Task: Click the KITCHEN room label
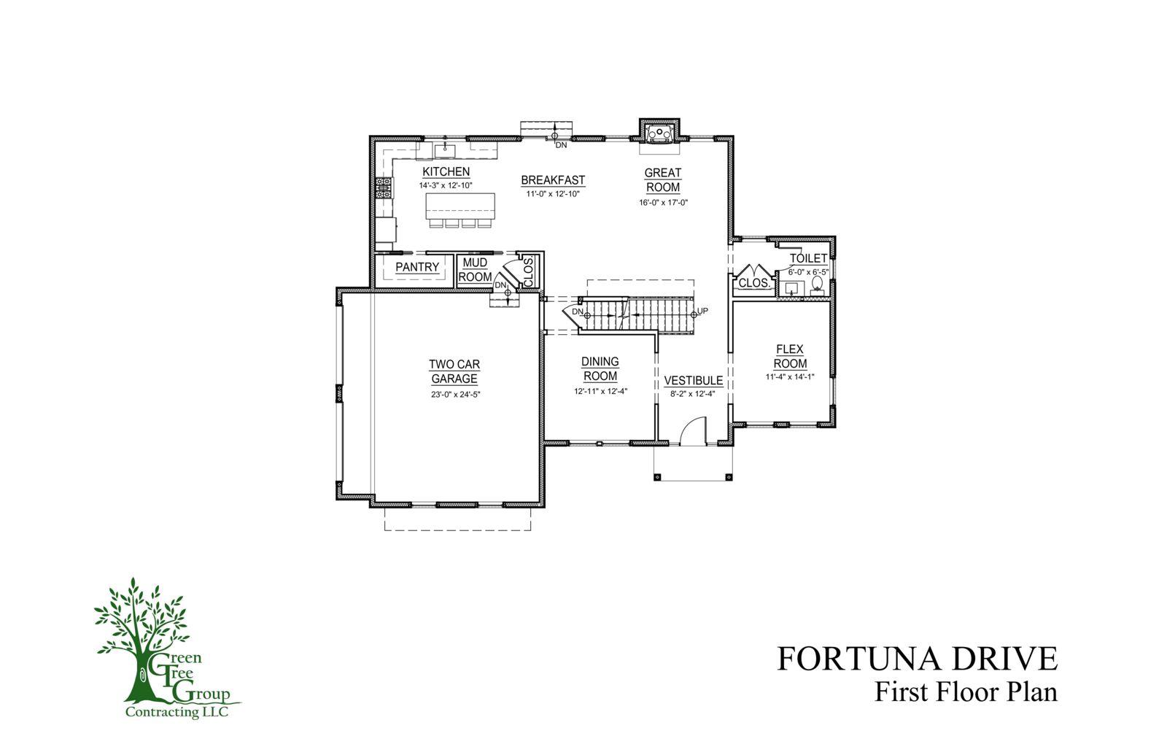pyautogui.click(x=446, y=171)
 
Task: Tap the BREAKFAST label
pyautogui.click(x=553, y=179)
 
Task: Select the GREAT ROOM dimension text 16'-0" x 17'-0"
pyautogui.click(x=663, y=203)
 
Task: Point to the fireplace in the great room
pyautogui.click(x=659, y=132)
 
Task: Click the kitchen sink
pyautogui.click(x=445, y=150)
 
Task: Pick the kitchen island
pyautogui.click(x=460, y=206)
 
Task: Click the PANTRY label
pyautogui.click(x=417, y=267)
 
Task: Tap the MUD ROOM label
pyautogui.click(x=475, y=270)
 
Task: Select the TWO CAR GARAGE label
pyautogui.click(x=454, y=371)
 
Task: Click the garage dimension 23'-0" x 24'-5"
pyautogui.click(x=455, y=395)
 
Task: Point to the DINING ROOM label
pyautogui.click(x=600, y=368)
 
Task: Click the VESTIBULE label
pyautogui.click(x=694, y=381)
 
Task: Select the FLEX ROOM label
pyautogui.click(x=790, y=357)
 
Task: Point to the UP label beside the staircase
pyautogui.click(x=702, y=311)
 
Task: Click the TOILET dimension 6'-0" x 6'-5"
pyautogui.click(x=808, y=272)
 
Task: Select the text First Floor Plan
pyautogui.click(x=966, y=692)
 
